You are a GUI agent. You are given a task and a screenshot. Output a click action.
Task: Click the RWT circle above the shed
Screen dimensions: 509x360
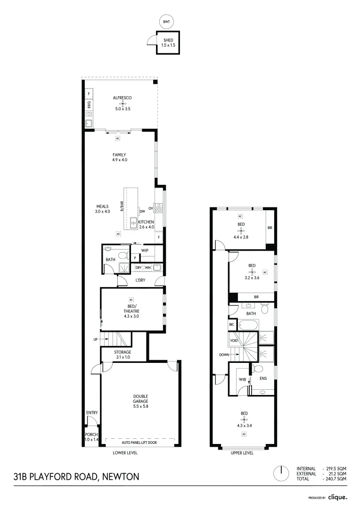166,22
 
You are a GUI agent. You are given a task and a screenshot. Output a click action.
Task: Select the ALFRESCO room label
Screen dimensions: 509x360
122,98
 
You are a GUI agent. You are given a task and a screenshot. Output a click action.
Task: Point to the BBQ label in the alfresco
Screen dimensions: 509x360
89,104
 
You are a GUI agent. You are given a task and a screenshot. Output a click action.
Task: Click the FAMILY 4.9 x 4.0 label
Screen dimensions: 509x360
119,157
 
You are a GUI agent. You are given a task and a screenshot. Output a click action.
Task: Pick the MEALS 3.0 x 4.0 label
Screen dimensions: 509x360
103,209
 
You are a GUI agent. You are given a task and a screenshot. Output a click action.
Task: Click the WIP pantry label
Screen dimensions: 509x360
145,250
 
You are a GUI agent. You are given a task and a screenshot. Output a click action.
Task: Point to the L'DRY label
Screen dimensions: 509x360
139,280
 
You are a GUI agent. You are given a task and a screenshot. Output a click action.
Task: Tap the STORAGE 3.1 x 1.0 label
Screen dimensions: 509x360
122,354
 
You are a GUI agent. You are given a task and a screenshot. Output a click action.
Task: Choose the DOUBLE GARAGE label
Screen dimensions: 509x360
140,401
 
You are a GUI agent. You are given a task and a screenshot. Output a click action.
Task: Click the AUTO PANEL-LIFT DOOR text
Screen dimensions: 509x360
140,443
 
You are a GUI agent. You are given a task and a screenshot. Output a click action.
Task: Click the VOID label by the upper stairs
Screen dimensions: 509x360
234,340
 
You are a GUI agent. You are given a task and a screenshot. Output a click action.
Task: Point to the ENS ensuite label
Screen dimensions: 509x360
263,378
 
